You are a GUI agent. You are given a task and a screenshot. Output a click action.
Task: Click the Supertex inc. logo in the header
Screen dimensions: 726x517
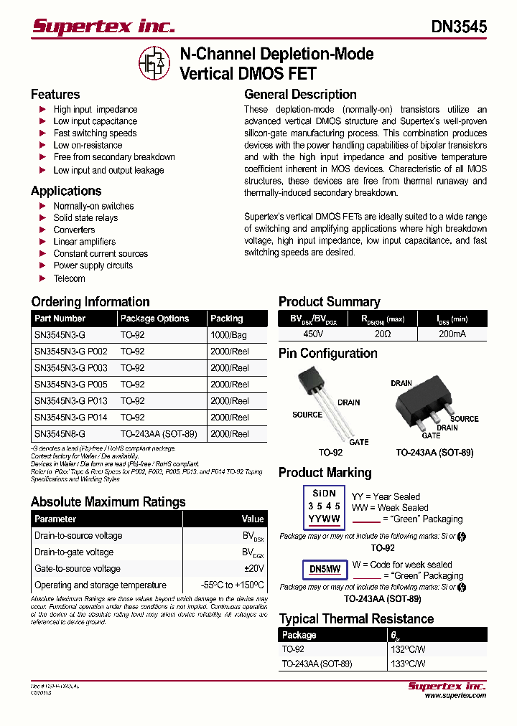pos(103,27)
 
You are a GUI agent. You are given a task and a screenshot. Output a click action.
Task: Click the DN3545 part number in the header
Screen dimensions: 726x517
pos(459,27)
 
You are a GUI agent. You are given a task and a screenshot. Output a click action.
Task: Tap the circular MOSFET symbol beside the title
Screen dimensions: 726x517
pos(154,63)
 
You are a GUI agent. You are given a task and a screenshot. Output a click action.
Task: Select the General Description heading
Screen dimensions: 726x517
pos(300,95)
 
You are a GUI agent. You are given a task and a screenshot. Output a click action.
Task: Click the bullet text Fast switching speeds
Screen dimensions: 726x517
pos(95,133)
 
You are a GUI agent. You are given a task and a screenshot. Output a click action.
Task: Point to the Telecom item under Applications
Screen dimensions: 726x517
pos(69,278)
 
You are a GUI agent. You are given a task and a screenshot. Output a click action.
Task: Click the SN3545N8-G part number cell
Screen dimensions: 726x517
pos(60,434)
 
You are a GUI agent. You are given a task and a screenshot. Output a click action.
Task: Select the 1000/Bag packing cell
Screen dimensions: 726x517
pos(228,335)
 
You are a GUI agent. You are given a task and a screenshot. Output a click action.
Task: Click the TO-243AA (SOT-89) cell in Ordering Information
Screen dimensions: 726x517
pos(159,434)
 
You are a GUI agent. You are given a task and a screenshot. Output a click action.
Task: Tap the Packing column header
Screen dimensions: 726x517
pos(226,319)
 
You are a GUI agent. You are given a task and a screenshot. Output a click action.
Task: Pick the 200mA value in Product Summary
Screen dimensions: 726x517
pos(452,334)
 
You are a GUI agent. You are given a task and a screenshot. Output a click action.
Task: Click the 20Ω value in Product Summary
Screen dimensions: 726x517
pos(381,334)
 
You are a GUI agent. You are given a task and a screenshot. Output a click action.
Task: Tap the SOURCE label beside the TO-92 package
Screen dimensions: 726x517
pos(307,415)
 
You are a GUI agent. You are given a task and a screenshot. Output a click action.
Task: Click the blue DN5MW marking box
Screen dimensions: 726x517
pos(325,570)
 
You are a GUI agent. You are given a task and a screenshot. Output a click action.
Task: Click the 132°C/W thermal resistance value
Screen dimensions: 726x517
pos(404,649)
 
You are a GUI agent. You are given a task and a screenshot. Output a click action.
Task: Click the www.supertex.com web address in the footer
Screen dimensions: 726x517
pos(455,695)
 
